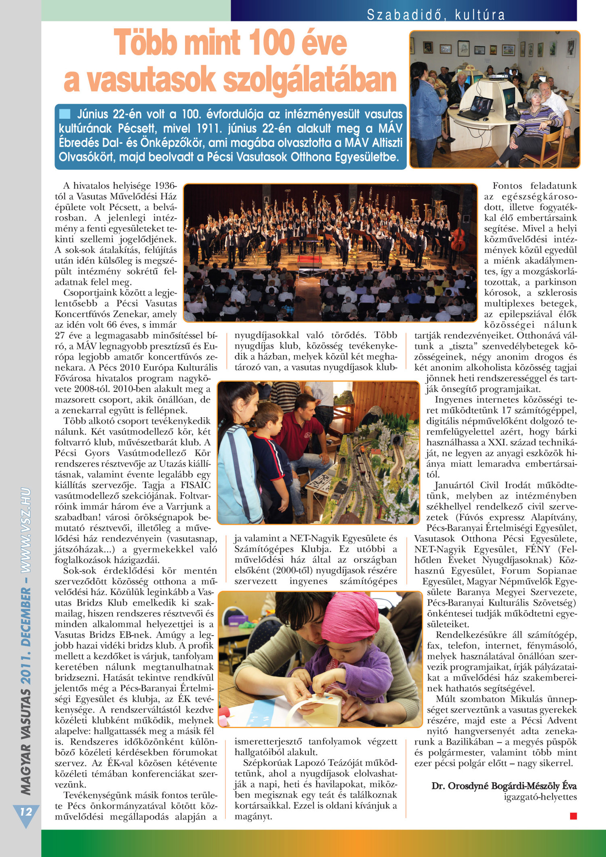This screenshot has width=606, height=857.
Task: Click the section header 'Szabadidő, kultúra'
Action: [436, 15]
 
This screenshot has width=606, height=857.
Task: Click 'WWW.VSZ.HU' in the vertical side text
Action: [26, 529]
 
